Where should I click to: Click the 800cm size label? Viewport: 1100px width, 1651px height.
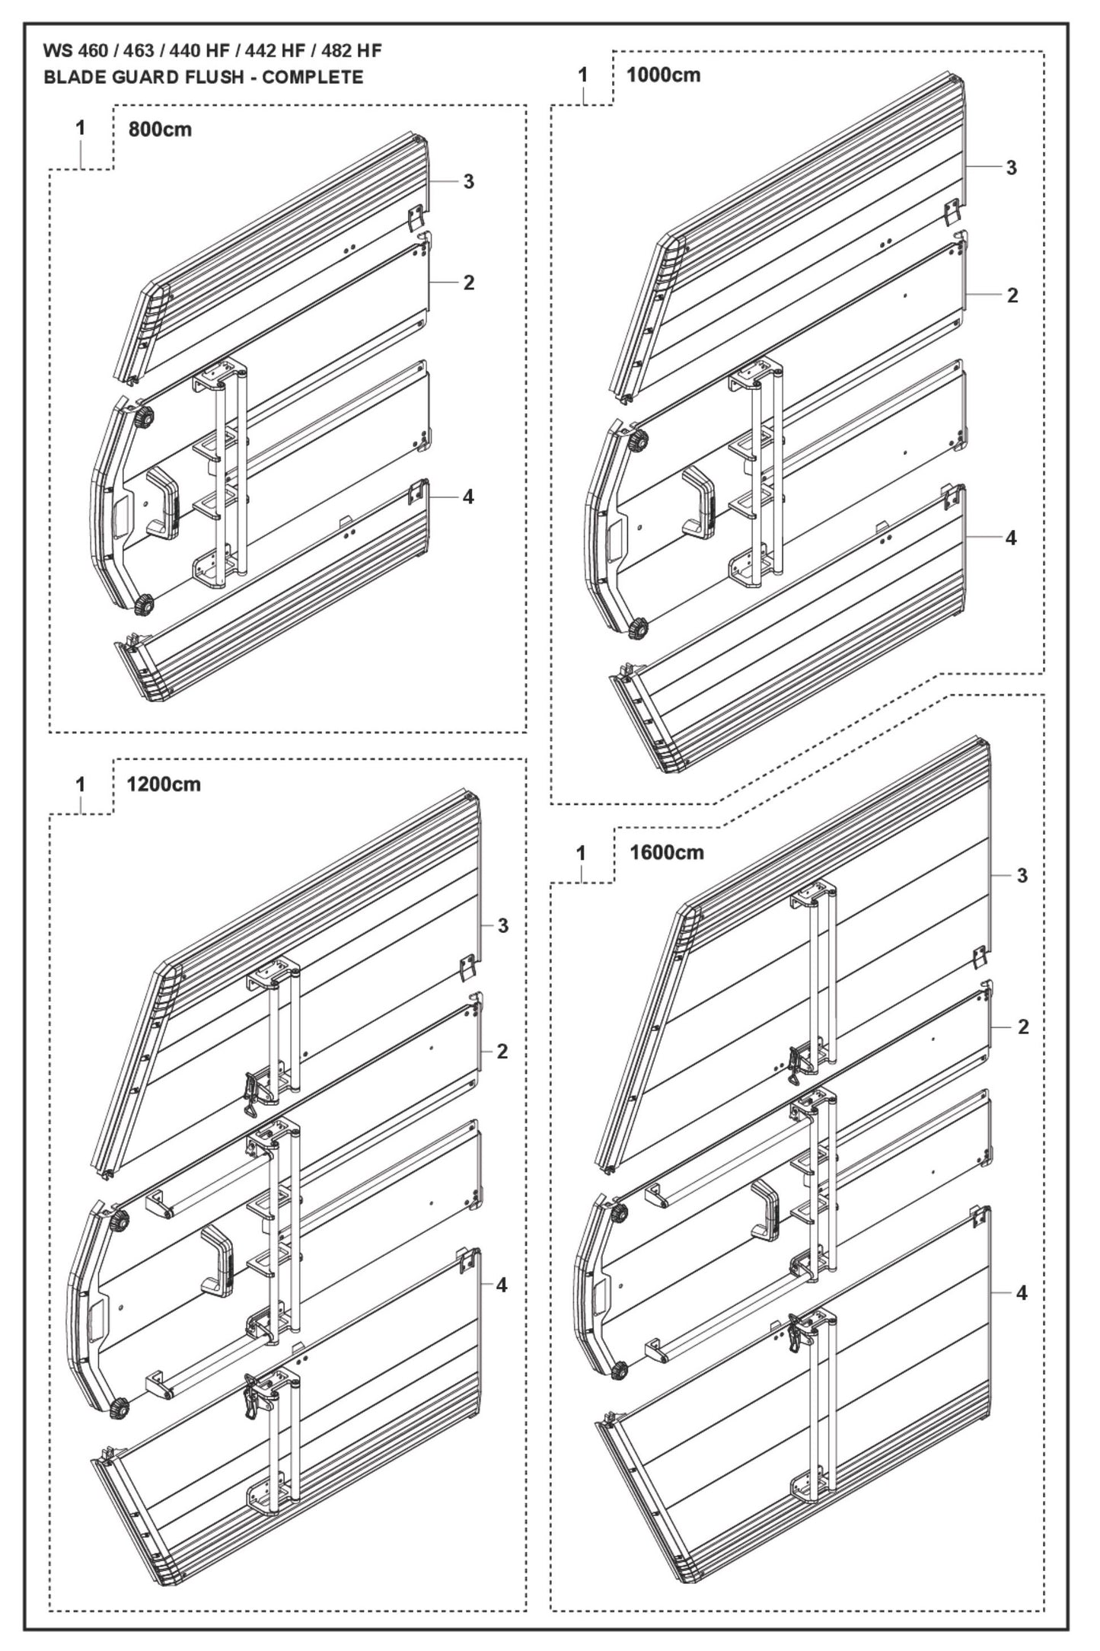160,129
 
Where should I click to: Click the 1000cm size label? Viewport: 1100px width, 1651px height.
663,75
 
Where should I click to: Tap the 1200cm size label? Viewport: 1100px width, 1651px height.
164,784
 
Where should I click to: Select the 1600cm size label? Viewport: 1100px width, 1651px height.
667,852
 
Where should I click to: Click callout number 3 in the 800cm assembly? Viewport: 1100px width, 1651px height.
469,181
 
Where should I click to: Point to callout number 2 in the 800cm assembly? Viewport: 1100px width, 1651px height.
469,283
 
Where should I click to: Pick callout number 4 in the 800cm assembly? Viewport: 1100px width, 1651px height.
468,497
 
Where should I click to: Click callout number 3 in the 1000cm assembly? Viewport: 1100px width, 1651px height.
1012,168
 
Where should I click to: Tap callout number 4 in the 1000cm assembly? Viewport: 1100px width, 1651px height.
1011,538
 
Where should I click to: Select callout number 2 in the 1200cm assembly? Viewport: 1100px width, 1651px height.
502,1052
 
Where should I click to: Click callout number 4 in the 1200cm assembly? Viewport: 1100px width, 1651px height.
501,1285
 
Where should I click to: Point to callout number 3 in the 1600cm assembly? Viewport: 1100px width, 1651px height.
1022,876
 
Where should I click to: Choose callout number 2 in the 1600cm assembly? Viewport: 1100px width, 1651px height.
1023,1027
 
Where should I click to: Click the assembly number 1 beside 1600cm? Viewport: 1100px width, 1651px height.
582,854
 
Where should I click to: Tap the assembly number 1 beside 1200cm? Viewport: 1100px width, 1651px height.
81,784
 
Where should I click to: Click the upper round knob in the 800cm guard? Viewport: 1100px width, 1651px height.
143,418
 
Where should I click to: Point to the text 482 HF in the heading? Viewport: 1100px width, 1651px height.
352,51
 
